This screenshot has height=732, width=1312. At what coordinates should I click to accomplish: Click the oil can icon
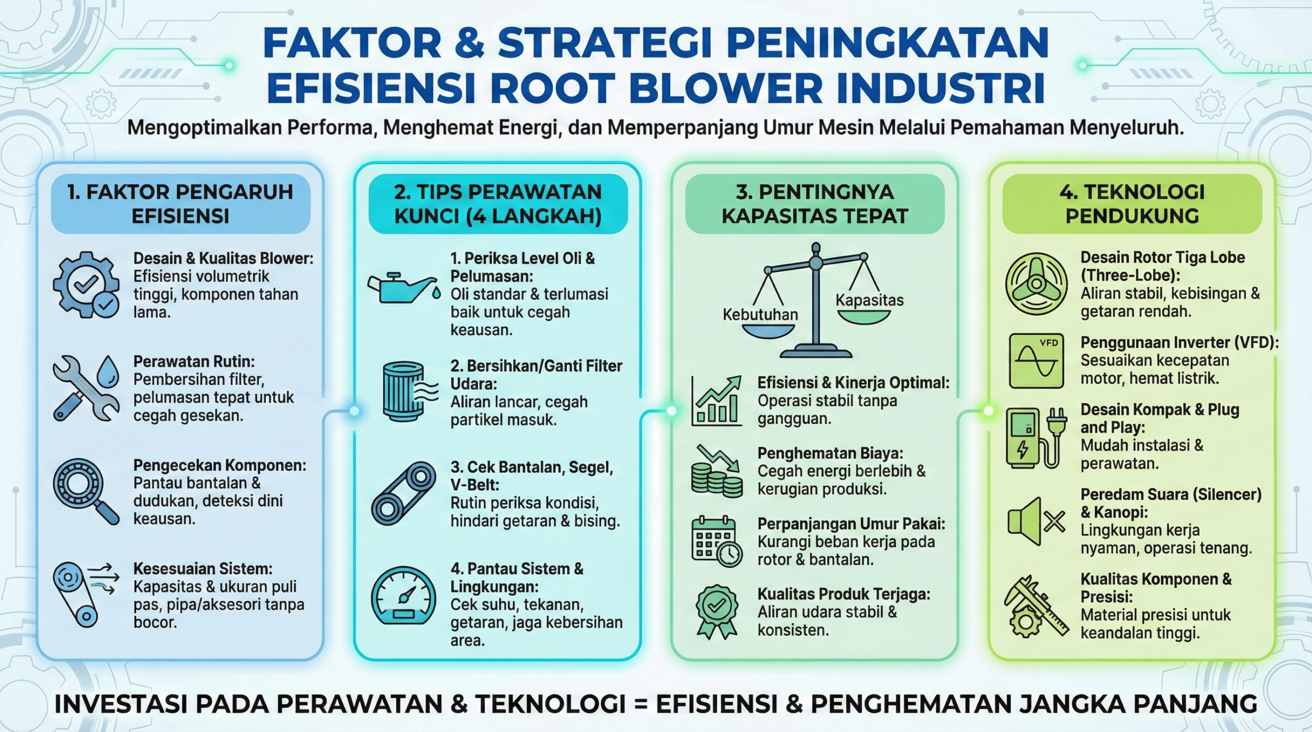[403, 288]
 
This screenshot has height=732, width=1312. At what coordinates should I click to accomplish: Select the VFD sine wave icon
[1036, 361]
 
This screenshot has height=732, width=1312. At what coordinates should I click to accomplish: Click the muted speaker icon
[1036, 521]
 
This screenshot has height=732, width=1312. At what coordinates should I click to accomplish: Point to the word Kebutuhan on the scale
[760, 314]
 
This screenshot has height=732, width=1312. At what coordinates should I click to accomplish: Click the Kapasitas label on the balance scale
[870, 300]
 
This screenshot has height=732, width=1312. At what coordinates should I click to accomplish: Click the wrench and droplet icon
[86, 388]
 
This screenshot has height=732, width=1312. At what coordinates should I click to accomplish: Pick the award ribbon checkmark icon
[716, 612]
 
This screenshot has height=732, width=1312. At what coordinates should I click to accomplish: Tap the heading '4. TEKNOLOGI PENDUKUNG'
[1132, 204]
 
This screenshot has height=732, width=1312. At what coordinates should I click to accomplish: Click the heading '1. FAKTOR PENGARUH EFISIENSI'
[180, 204]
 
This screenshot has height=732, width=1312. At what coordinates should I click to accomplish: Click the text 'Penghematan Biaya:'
[830, 453]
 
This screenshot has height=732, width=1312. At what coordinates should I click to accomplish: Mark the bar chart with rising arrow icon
[716, 401]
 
